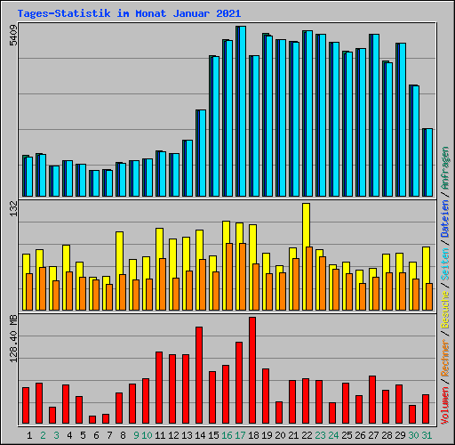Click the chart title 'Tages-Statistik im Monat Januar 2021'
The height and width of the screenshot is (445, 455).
coord(128,13)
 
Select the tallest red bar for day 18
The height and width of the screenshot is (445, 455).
coord(252,370)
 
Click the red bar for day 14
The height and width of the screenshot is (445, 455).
coord(199,375)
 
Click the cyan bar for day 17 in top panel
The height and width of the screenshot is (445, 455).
coord(241,111)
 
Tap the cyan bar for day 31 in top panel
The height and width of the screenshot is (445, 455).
coord(427,162)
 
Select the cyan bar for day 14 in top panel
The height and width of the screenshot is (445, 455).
coord(201,153)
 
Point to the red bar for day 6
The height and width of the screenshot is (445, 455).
coord(92,419)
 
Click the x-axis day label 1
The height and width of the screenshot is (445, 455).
coord(31,434)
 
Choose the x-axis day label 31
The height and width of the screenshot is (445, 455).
coord(427,434)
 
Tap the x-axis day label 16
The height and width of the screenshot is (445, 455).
coord(227,434)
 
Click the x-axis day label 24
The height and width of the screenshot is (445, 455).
coord(333,434)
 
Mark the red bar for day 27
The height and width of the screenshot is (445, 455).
coord(372,400)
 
